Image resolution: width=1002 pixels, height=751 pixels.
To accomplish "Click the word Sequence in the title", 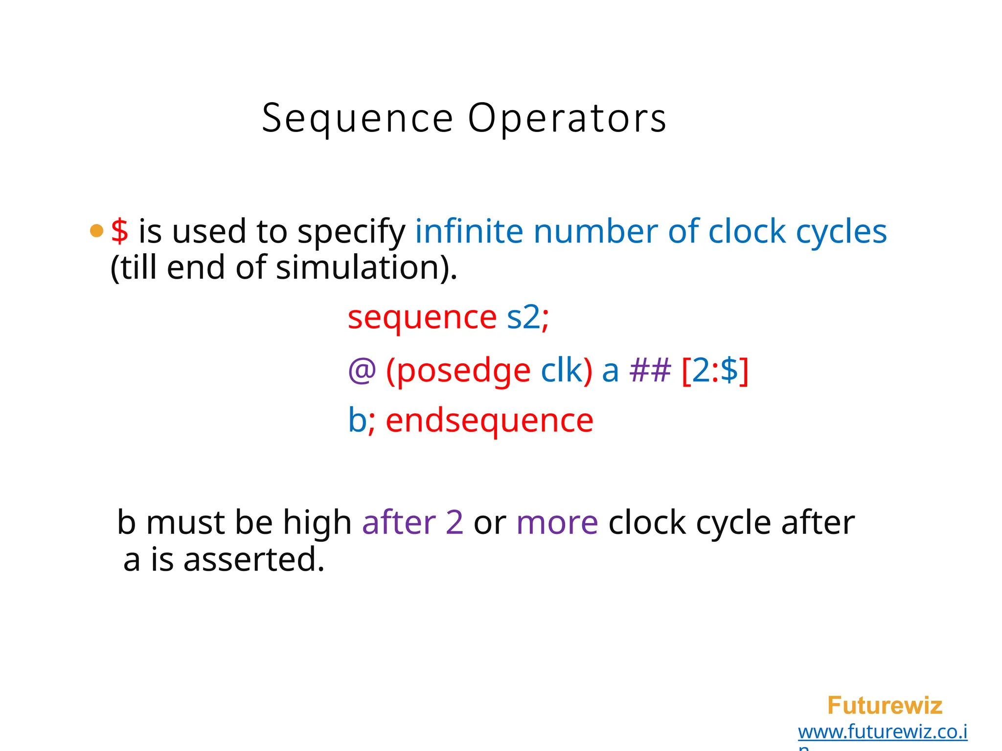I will (358, 119).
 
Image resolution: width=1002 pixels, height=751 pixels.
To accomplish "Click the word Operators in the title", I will (567, 119).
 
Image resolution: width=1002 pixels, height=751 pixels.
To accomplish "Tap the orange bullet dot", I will (97, 231).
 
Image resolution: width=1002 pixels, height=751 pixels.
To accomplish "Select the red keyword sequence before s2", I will (422, 318).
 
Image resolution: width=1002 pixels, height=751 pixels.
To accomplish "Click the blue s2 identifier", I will (524, 317).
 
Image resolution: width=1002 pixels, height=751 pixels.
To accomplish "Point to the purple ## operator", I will (650, 370).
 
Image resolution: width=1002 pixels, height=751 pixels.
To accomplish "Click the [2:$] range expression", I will (715, 371).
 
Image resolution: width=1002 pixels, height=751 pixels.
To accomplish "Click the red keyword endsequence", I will (489, 420).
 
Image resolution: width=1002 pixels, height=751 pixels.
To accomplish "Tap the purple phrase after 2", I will (412, 522).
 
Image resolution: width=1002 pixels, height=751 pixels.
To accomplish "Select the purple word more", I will (557, 522).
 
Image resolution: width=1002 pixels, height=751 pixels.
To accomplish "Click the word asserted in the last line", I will (253, 560).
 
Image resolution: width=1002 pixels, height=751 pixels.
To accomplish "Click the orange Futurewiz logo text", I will (885, 706).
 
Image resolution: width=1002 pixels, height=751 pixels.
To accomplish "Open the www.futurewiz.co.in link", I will (883, 732).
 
